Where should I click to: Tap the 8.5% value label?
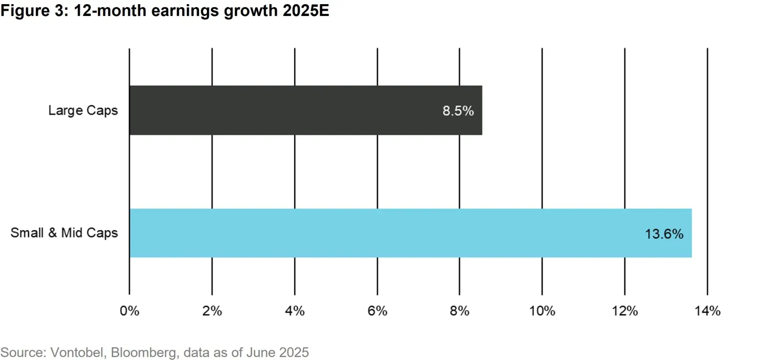click(x=458, y=111)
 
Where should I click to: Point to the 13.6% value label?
click(x=664, y=234)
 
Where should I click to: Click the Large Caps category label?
click(x=83, y=110)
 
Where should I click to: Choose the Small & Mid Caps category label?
click(x=64, y=233)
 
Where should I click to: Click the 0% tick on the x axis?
click(x=129, y=311)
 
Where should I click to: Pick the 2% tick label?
click(x=212, y=311)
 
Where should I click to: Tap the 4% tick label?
click(x=295, y=311)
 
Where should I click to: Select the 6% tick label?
click(x=377, y=311)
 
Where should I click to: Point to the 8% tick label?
click(x=459, y=311)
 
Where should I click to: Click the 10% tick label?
click(x=542, y=311)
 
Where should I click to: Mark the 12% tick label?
click(x=625, y=311)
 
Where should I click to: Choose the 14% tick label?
click(x=707, y=311)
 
